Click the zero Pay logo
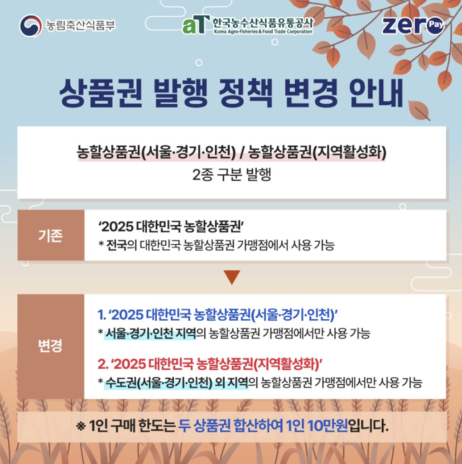(x=413, y=25)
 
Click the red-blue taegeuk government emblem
(x=30, y=25)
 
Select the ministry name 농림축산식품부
(x=81, y=25)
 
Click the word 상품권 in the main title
(x=101, y=92)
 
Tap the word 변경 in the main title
(x=311, y=92)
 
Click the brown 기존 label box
(x=51, y=235)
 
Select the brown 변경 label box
(x=51, y=346)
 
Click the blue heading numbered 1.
(x=218, y=314)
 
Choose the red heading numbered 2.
(x=210, y=364)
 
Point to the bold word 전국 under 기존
(x=116, y=245)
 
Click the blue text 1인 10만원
(x=317, y=426)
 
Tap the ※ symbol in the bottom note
(x=81, y=426)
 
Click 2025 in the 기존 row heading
(x=117, y=227)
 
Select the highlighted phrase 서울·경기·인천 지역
(x=150, y=333)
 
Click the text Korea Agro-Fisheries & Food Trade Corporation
(x=263, y=31)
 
